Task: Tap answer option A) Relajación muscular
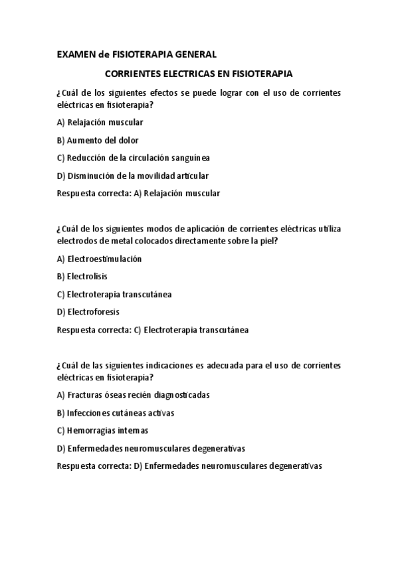(x=100, y=122)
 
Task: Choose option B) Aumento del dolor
(x=98, y=140)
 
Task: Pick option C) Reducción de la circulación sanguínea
(x=134, y=158)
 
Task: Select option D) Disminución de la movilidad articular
(x=133, y=176)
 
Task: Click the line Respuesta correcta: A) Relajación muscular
(x=139, y=194)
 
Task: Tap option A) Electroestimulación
(x=100, y=259)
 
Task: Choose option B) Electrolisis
(x=82, y=276)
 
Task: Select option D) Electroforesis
(x=88, y=312)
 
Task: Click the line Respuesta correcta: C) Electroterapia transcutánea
(x=153, y=330)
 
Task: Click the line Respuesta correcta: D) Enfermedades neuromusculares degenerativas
(x=189, y=466)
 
